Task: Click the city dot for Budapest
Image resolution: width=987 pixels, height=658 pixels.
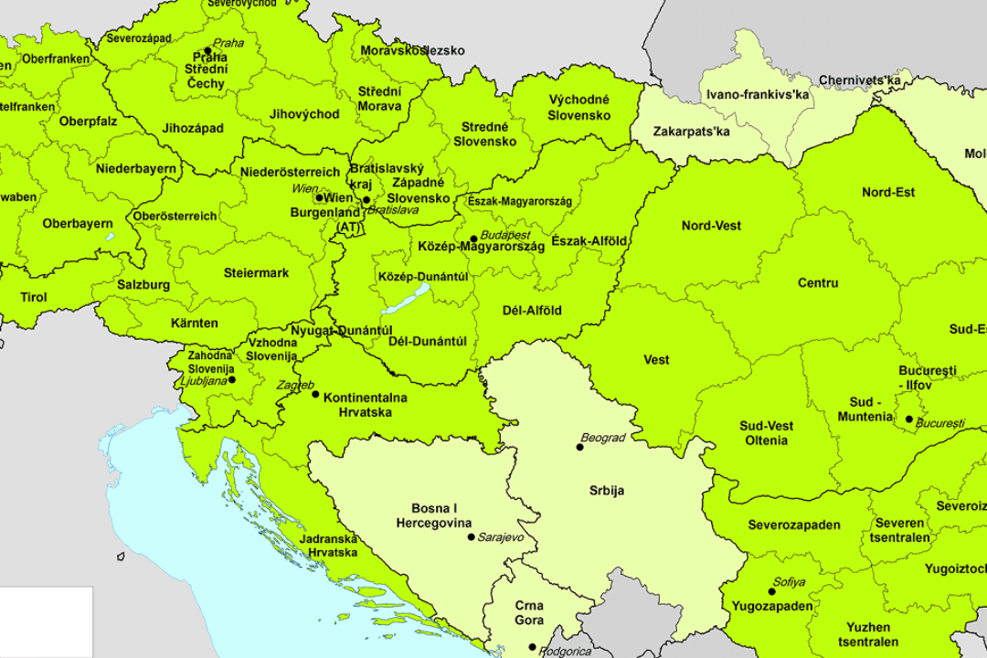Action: coord(473,239)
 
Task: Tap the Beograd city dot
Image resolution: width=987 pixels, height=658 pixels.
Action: coord(579,447)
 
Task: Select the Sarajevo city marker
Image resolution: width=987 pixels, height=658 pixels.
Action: coord(470,537)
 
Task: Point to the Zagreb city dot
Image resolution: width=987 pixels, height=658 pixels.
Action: coord(316,394)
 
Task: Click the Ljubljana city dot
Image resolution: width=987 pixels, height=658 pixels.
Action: coord(232,379)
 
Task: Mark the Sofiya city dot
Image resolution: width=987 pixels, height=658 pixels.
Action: coord(771,591)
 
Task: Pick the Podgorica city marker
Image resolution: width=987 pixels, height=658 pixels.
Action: coord(533,647)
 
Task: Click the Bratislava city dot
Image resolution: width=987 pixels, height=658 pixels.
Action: coord(366,200)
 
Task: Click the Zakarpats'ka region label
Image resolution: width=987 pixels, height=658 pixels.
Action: coord(692,132)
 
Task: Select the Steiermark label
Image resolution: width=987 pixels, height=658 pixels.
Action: coord(256,273)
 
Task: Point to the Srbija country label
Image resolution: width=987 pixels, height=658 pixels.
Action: coord(606,491)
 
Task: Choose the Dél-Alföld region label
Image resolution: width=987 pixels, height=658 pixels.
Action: coord(532,311)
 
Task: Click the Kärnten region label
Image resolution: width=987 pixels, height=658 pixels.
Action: coord(194,324)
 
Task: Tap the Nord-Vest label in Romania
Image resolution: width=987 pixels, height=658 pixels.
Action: coord(711,226)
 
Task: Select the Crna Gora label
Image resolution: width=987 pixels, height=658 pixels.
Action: coord(528,613)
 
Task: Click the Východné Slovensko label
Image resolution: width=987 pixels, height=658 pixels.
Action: coord(578,108)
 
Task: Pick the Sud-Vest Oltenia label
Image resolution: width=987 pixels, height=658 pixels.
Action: coord(766,433)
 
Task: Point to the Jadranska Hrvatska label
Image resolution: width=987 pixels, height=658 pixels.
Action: coord(332,546)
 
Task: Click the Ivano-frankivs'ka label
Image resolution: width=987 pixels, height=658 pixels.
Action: coord(759,94)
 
